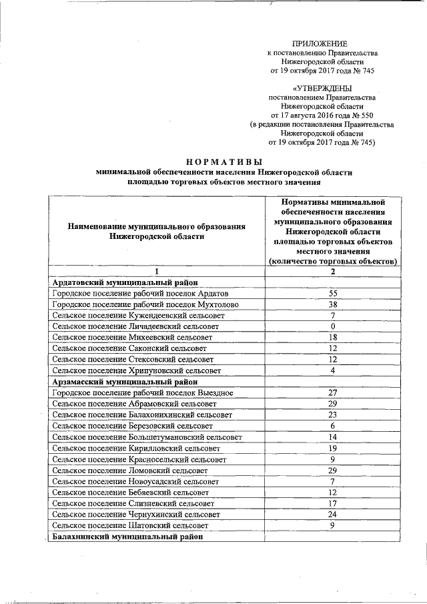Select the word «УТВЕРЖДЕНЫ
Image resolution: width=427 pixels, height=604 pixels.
point(322,87)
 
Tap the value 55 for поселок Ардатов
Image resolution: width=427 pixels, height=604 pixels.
point(332,294)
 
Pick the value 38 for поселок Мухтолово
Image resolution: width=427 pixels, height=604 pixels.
point(332,304)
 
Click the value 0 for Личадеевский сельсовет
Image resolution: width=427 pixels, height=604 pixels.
point(332,326)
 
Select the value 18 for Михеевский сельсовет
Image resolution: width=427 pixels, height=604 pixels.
point(332,338)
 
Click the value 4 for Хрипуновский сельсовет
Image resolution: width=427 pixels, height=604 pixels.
point(332,370)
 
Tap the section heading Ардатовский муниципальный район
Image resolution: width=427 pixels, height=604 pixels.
point(124,283)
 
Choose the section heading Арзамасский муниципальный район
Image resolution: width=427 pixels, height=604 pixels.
point(124,382)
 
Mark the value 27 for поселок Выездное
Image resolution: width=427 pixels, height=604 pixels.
point(332,392)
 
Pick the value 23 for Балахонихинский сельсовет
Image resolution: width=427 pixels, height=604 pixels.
point(332,414)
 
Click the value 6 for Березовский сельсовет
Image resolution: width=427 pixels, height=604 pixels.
point(332,426)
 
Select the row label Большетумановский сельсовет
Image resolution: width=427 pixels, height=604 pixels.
point(147,437)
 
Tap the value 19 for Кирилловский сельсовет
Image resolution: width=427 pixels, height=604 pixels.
point(332,448)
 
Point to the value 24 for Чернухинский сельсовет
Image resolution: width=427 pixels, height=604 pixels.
point(332,514)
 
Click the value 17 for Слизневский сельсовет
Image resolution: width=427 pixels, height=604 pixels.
point(332,503)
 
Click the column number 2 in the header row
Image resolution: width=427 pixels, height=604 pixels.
point(332,272)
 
